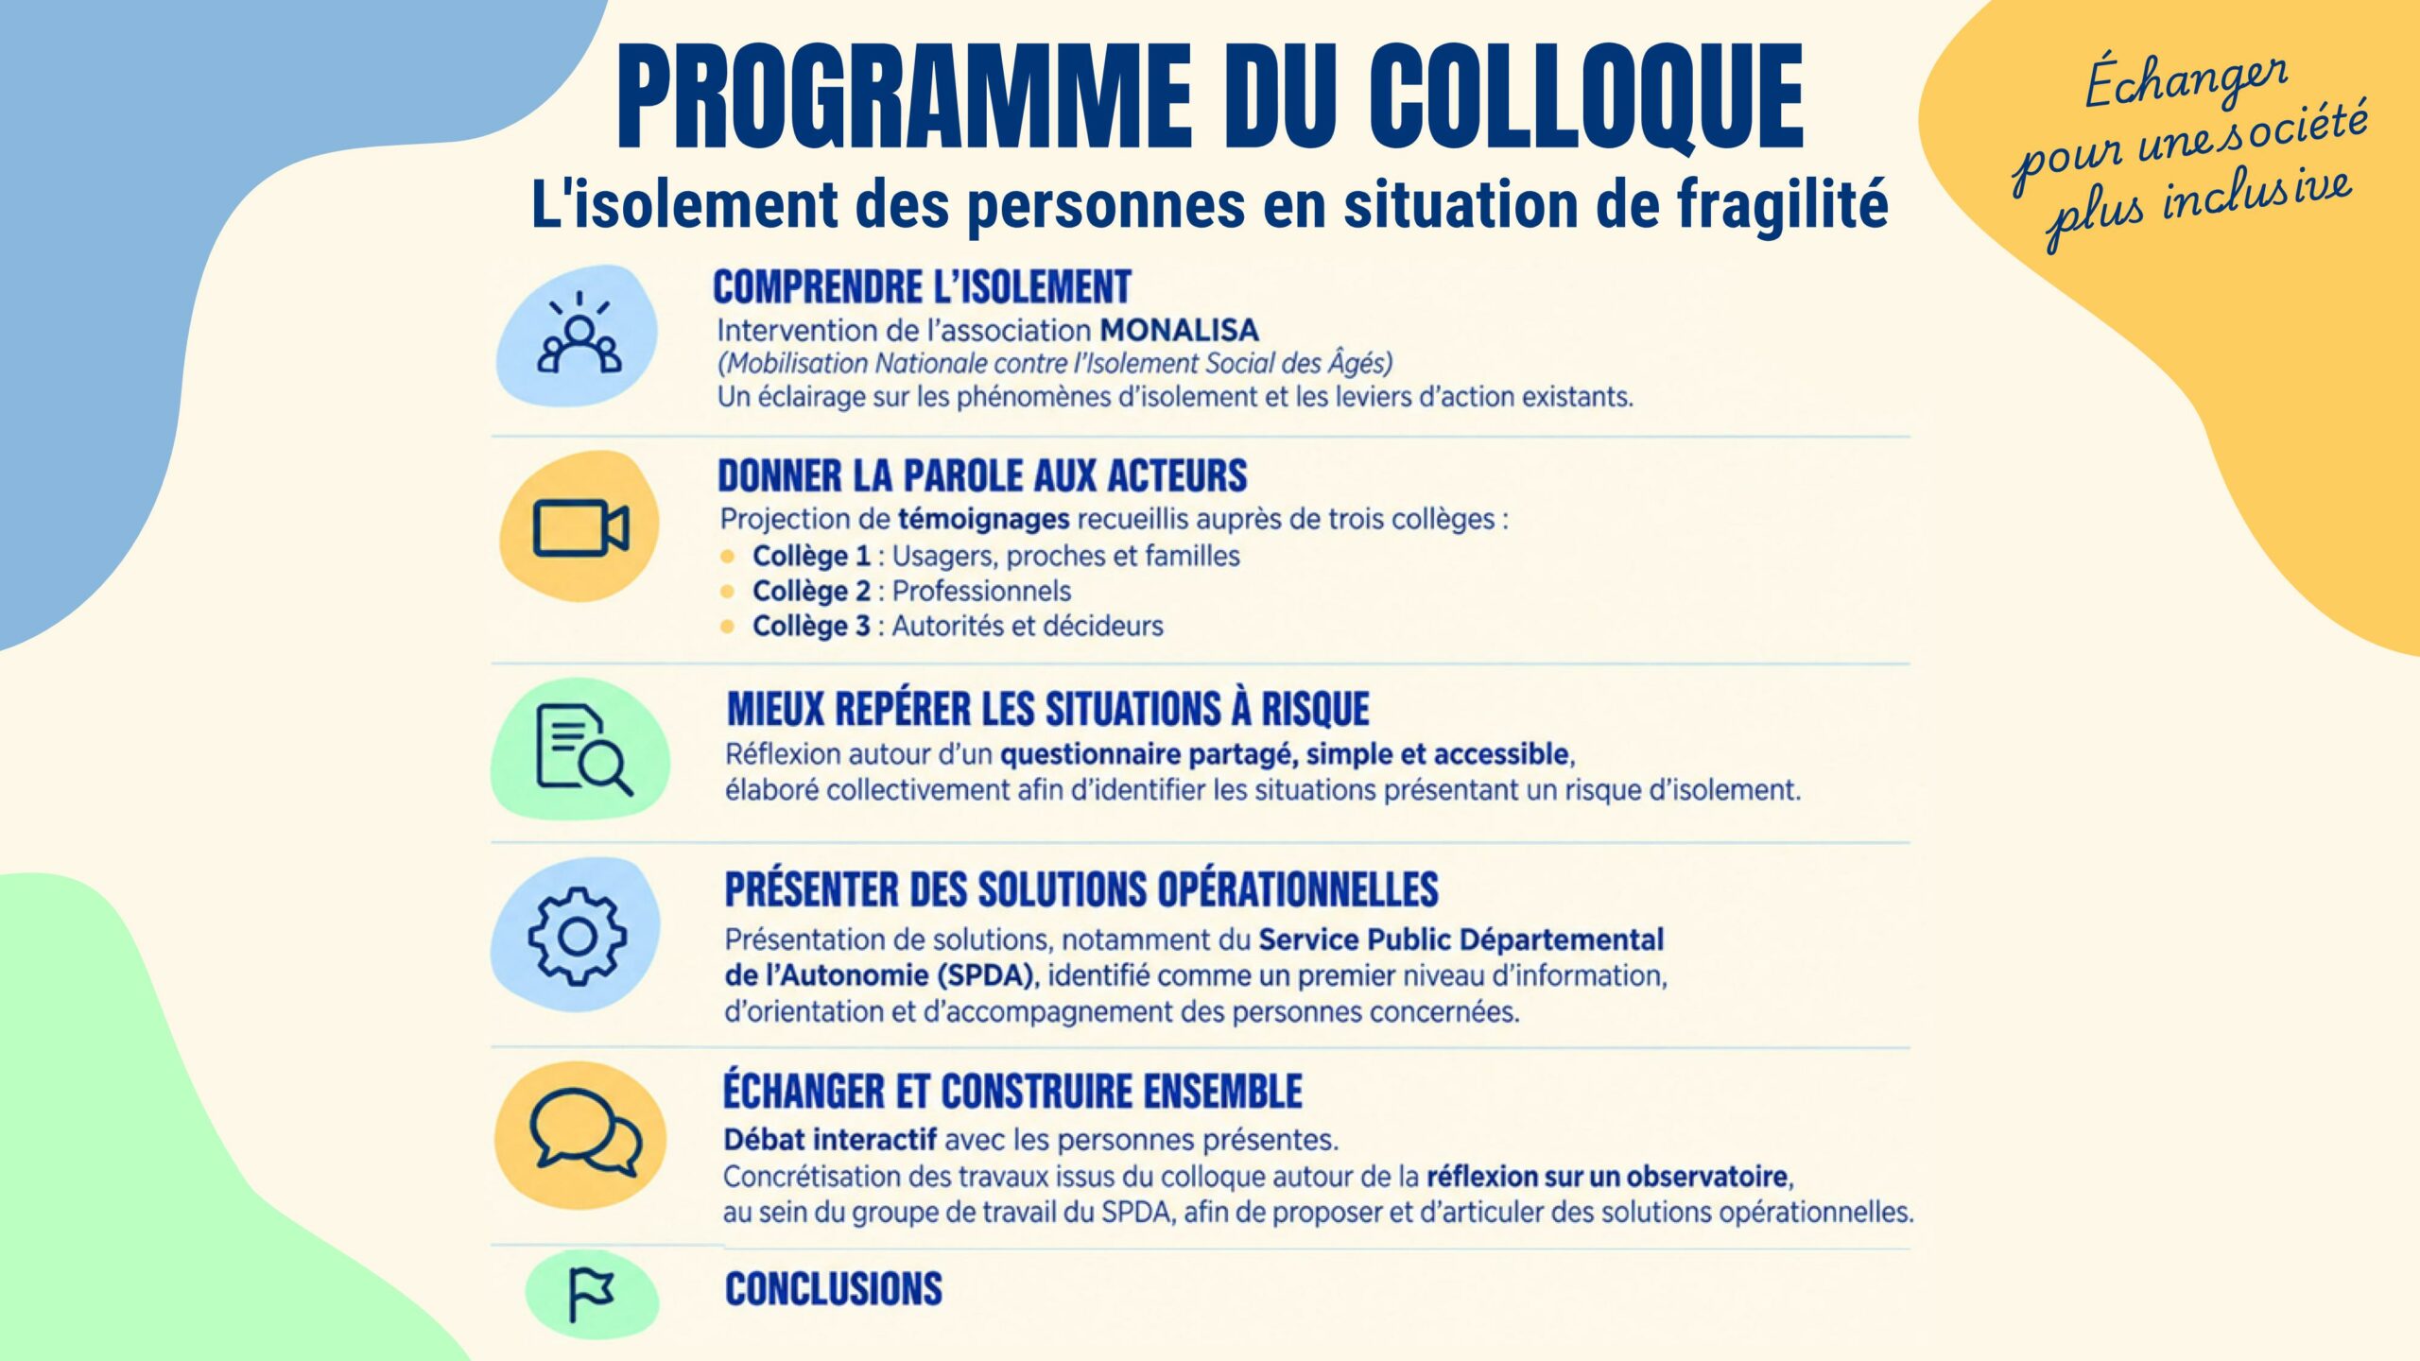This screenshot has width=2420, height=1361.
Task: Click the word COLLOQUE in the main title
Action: [1586, 97]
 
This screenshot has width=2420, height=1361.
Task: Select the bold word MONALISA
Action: [1179, 330]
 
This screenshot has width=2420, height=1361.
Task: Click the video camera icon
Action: [580, 526]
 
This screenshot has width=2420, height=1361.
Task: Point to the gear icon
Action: [578, 936]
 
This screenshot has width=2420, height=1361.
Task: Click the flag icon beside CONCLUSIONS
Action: [591, 1295]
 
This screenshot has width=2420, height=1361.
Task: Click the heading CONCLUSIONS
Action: [834, 1289]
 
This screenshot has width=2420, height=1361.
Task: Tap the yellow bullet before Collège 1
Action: [727, 556]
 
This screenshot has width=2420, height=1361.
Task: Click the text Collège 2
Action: [811, 591]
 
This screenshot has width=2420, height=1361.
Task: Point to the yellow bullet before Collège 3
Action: [727, 626]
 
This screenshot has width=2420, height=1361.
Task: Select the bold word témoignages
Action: [983, 519]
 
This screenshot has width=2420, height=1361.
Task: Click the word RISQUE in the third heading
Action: [1315, 709]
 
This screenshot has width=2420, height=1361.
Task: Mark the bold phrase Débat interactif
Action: [830, 1139]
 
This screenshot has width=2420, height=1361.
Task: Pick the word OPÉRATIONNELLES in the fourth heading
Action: [1298, 889]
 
